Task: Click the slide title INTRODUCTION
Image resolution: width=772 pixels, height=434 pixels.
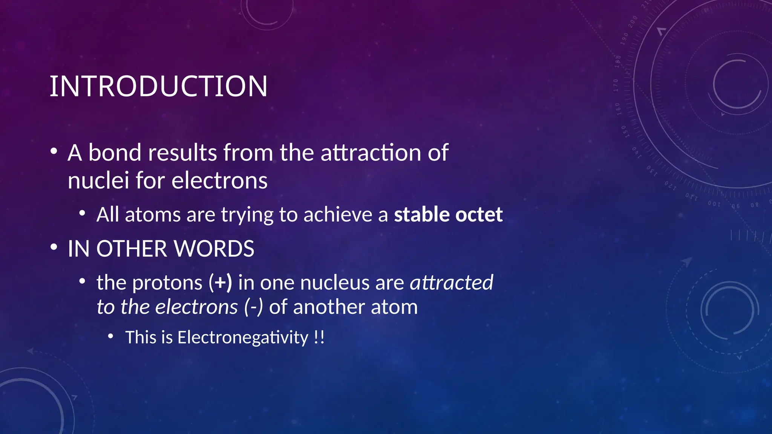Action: click(x=158, y=86)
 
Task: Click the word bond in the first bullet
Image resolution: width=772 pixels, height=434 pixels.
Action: click(x=115, y=153)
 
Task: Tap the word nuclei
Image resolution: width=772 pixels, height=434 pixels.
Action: click(x=98, y=180)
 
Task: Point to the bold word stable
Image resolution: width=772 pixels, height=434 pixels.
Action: click(x=421, y=214)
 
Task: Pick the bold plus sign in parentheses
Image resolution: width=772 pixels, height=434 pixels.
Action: click(x=221, y=283)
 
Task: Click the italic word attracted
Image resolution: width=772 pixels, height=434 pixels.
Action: click(x=451, y=283)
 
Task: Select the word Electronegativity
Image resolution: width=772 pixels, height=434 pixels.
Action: click(x=243, y=337)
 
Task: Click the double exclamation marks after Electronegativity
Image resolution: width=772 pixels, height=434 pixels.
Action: click(x=319, y=337)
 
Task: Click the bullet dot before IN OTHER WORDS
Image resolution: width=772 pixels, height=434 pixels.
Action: click(x=54, y=248)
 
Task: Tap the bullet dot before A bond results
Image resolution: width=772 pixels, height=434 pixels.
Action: click(x=54, y=151)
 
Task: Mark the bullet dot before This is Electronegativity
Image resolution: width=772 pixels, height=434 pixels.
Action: click(x=110, y=336)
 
